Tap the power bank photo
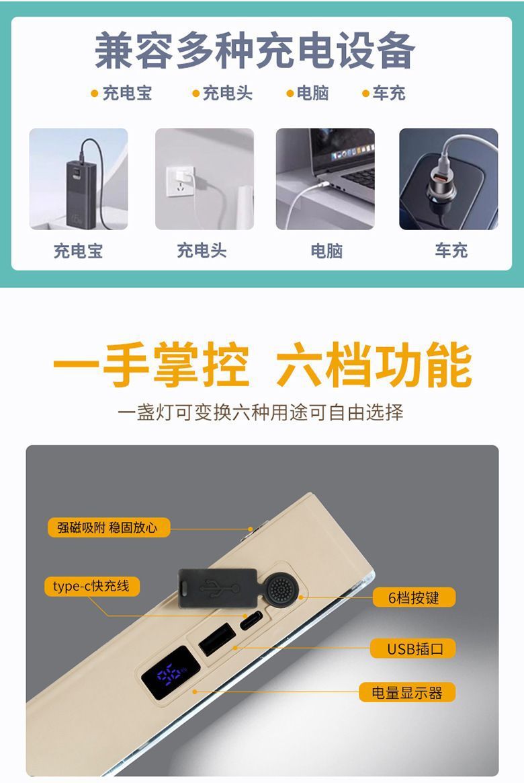point(79,179)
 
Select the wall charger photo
point(204,179)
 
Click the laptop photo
point(325,179)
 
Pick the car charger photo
point(449,179)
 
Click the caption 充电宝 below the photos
point(79,252)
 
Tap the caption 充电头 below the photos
point(202,251)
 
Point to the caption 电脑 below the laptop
point(326,252)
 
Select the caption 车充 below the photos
point(450,251)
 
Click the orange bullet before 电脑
point(290,94)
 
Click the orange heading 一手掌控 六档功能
point(262,366)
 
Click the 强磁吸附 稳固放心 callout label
point(108,527)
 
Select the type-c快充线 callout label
point(92,586)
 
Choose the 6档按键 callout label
point(414,597)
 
